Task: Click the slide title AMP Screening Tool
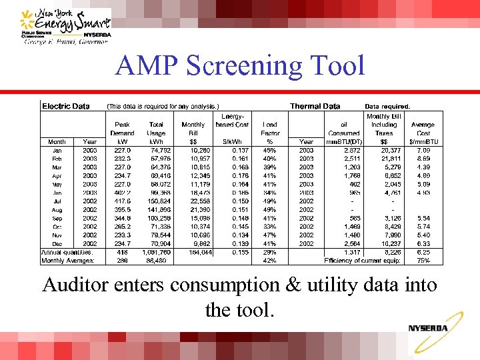pos(240,65)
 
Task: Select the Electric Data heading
pos(66,105)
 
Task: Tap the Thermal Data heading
pos(315,105)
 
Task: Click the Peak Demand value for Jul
pos(121,201)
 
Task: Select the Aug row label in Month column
pos(57,209)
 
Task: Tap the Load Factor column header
pos(270,128)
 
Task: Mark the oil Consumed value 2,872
pos(351,151)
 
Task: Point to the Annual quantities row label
pos(67,252)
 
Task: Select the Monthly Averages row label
pos(67,261)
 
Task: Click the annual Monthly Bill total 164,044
pos(191,252)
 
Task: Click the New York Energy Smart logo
pos(65,26)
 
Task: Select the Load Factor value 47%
pos(270,235)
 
